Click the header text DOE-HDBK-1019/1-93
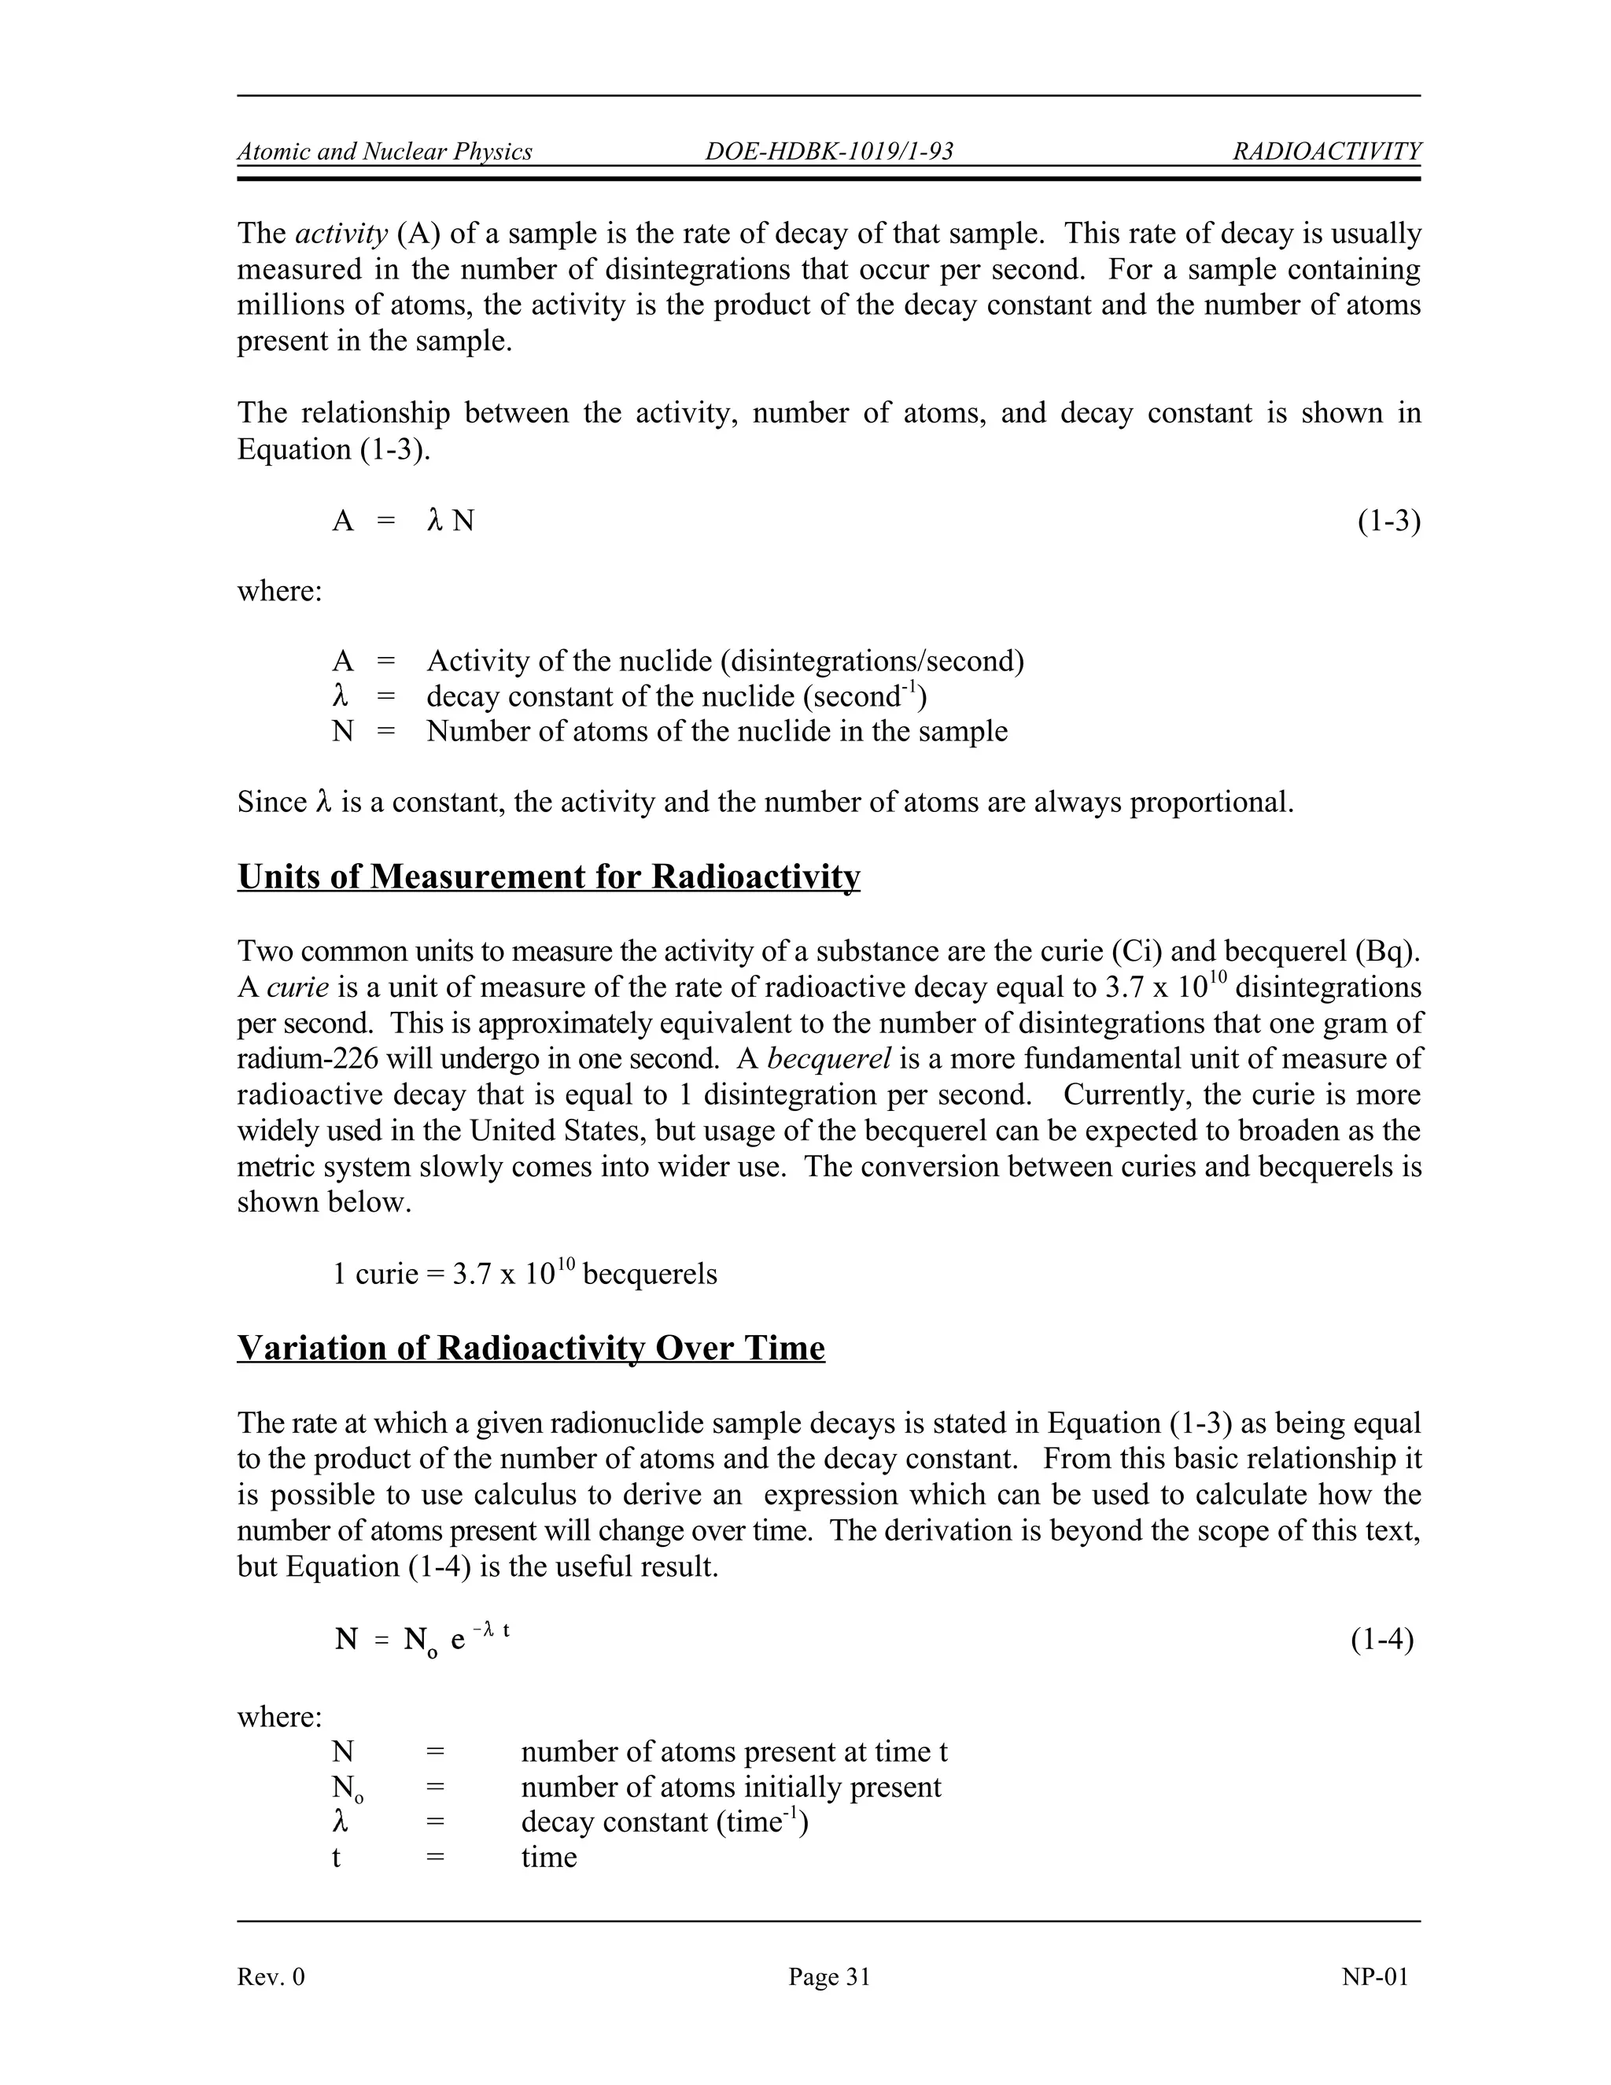tap(828, 152)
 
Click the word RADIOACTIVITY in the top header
tap(1326, 152)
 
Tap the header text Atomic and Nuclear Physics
tap(385, 152)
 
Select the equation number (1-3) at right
tap(1388, 521)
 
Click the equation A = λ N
tap(403, 521)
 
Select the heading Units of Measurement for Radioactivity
tap(549, 876)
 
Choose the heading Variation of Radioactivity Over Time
tap(531, 1348)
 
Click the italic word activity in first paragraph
tap(341, 234)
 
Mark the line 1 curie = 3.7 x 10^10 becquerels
tap(524, 1274)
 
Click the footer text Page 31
tap(828, 1976)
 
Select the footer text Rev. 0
tap(271, 1976)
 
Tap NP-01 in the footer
tap(1374, 1976)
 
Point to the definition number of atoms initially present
tap(730, 1787)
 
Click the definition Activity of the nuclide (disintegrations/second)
tap(724, 661)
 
